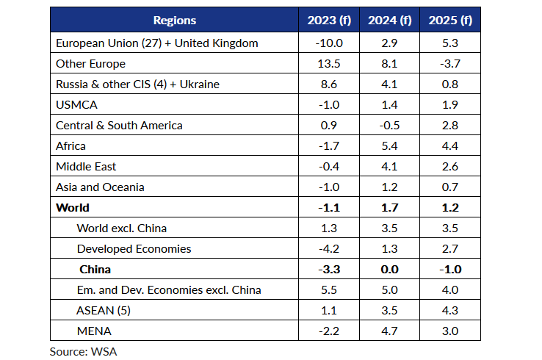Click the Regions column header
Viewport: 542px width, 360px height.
click(175, 21)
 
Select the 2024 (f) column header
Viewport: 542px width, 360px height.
click(389, 21)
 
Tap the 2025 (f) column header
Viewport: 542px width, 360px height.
click(450, 21)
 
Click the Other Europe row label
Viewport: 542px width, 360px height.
click(90, 64)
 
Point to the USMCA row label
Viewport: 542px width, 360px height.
click(76, 105)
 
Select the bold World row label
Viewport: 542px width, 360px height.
click(73, 207)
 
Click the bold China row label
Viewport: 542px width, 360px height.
click(95, 270)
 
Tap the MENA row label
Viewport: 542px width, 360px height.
click(94, 331)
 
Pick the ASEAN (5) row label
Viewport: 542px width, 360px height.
click(104, 311)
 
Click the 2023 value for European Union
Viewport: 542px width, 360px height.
click(329, 43)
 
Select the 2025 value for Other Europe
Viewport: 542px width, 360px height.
click(450, 64)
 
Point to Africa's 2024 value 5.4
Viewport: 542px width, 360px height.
click(389, 146)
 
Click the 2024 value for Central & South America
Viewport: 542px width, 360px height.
click(389, 125)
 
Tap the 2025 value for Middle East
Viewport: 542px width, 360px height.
click(450, 166)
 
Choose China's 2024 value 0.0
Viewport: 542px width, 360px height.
click(389, 270)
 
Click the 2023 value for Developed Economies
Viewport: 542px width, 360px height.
click(329, 248)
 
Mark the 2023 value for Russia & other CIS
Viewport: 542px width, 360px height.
click(329, 84)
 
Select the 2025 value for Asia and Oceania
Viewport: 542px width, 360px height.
click(450, 187)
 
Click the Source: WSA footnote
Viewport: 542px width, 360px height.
click(83, 352)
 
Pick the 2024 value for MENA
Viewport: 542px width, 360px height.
click(389, 331)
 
